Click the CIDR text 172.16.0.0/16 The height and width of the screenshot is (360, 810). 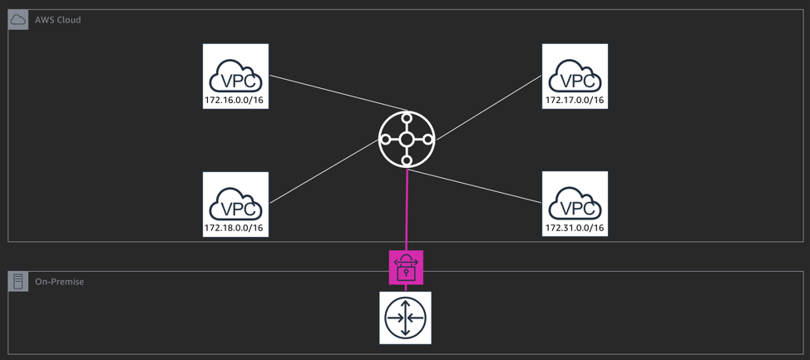(235, 101)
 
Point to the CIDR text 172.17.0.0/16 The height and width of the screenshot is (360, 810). (575, 101)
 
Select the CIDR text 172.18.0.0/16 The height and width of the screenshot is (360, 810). (235, 228)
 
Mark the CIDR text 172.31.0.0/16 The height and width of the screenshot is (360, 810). (575, 228)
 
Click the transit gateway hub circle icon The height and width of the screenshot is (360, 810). (407, 140)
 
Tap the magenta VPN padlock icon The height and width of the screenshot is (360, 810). (406, 268)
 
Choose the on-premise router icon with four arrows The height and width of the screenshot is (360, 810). (406, 318)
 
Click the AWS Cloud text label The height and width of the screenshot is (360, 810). (58, 20)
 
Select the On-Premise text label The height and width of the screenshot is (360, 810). (59, 282)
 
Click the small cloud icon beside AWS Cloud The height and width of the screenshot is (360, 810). (18, 20)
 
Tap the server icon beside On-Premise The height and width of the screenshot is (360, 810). (18, 282)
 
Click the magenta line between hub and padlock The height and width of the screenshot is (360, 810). (407, 208)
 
